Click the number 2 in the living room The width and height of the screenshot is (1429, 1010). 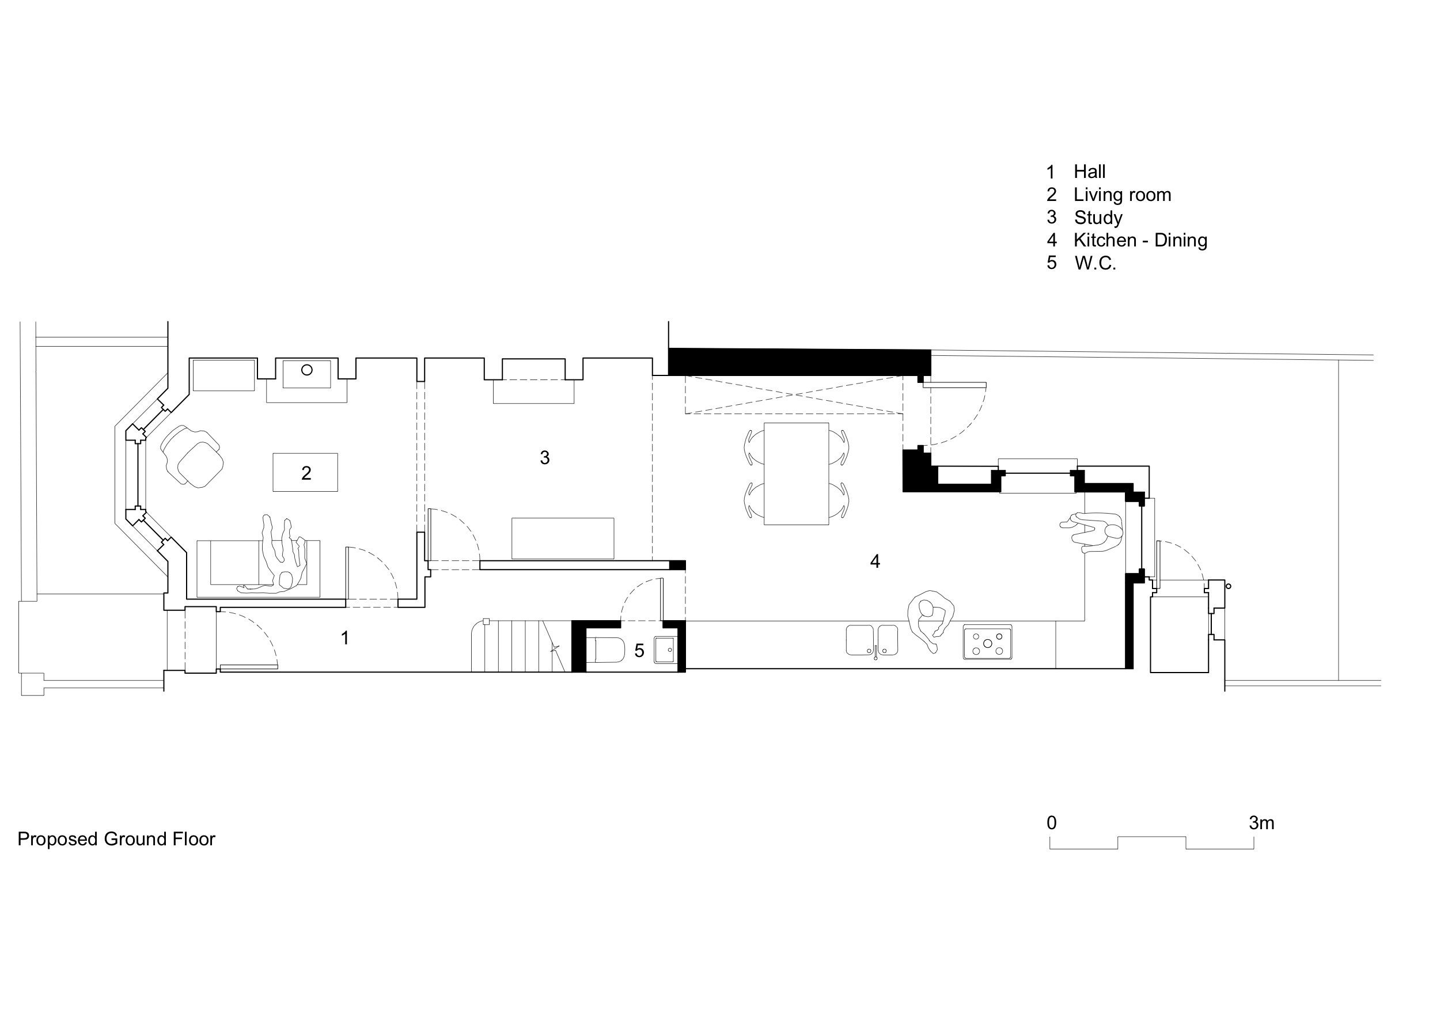306,473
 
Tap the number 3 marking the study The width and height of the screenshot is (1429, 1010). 545,458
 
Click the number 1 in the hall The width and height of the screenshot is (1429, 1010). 345,638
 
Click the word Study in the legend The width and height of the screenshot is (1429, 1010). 1098,218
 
